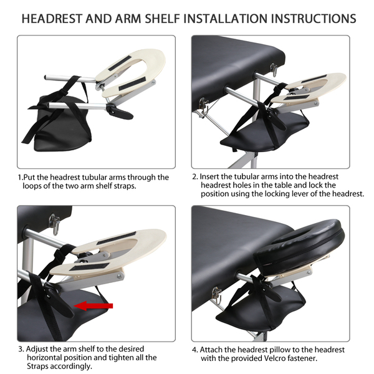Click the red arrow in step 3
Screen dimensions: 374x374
(93, 306)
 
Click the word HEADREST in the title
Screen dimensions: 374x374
(52, 19)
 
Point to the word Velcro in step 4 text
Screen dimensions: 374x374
(276, 358)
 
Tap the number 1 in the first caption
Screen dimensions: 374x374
(20, 178)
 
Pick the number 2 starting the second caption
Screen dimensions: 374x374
(194, 177)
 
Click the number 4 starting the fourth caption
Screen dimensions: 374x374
(194, 350)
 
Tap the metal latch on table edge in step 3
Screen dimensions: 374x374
(54, 224)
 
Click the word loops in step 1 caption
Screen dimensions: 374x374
(32, 186)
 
